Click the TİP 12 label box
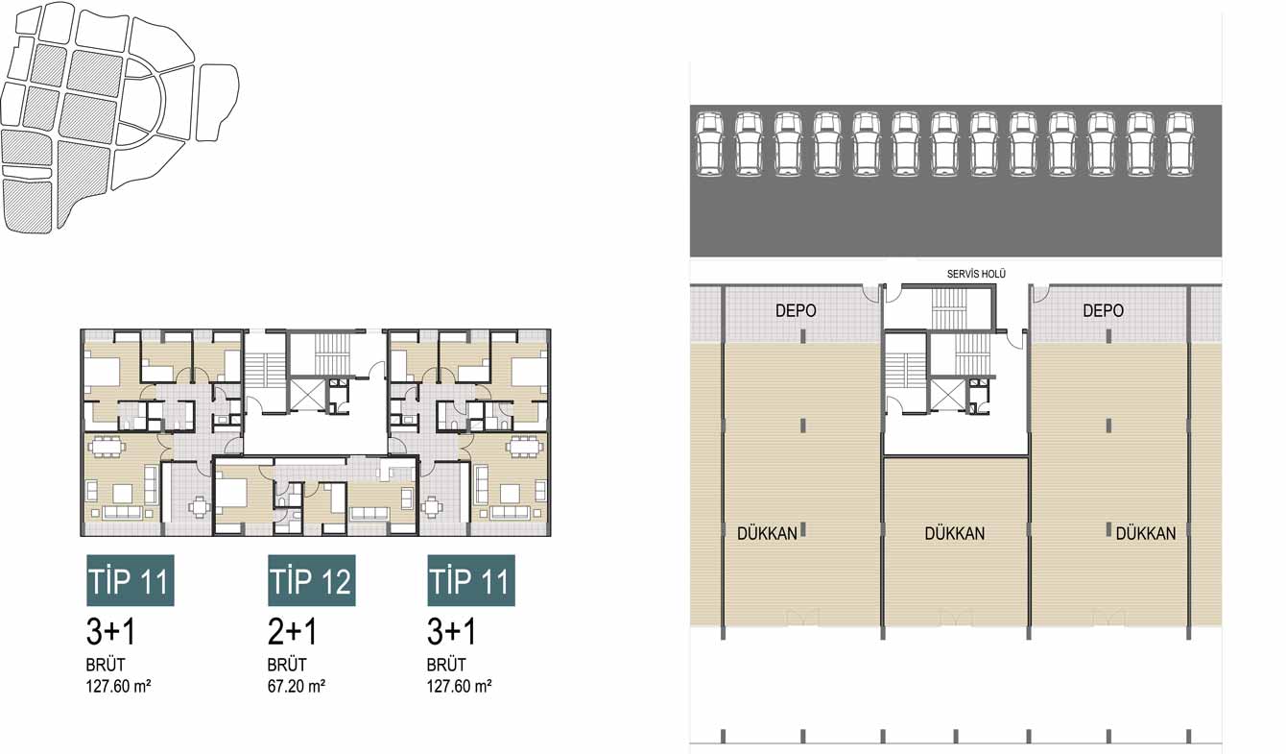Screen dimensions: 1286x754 click(x=312, y=580)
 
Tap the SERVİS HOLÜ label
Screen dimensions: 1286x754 click(x=976, y=274)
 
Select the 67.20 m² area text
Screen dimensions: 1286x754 click(x=297, y=686)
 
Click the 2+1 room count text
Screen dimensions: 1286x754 click(x=292, y=632)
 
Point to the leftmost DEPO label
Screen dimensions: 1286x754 click(x=796, y=311)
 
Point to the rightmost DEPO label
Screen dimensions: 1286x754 click(x=1103, y=311)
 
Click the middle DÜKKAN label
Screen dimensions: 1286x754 click(x=954, y=533)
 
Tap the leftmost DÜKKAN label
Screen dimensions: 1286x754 click(x=767, y=533)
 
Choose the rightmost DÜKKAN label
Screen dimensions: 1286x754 click(x=1145, y=533)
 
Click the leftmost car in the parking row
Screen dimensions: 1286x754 click(x=709, y=144)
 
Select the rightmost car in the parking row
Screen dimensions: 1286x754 click(x=1179, y=144)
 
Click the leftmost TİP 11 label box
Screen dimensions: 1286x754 click(x=131, y=580)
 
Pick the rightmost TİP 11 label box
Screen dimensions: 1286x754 click(x=471, y=580)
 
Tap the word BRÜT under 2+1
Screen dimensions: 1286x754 click(x=287, y=665)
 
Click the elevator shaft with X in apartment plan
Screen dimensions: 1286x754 click(x=307, y=394)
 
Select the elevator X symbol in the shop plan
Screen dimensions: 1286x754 click(x=948, y=395)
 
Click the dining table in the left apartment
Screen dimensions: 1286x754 click(x=107, y=447)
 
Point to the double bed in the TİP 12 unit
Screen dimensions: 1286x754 click(x=232, y=493)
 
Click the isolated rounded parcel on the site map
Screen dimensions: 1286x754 click(x=217, y=102)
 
